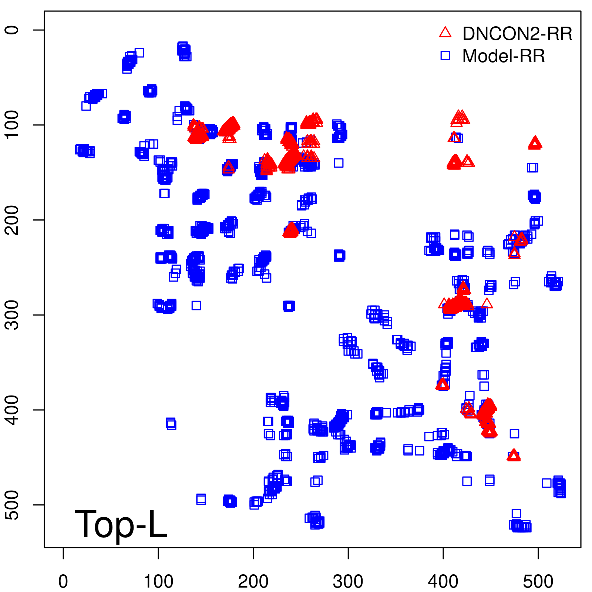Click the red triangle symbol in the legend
click(x=445, y=33)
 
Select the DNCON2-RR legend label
click(x=517, y=34)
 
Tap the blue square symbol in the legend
click(x=445, y=55)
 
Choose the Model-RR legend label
click(x=503, y=56)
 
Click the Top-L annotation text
click(x=121, y=524)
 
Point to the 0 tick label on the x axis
click(x=63, y=581)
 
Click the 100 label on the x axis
click(x=158, y=581)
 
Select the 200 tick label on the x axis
click(x=253, y=581)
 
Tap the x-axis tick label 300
click(x=348, y=581)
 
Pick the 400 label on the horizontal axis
click(x=443, y=581)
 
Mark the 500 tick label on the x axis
click(x=538, y=581)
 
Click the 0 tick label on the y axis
click(x=12, y=30)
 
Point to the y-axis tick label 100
click(x=12, y=125)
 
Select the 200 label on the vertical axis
click(x=12, y=220)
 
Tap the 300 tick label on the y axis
click(x=12, y=315)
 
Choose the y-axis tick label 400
click(x=12, y=410)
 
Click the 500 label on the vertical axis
click(x=12, y=505)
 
